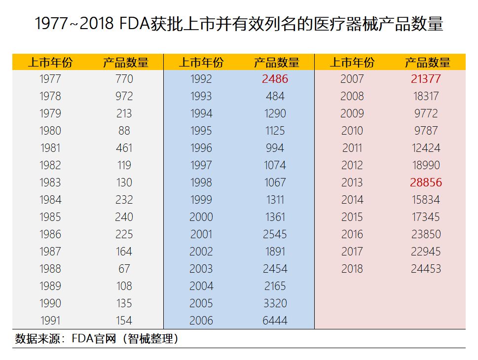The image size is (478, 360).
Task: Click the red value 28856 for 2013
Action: coord(426,182)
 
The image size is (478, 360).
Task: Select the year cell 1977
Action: coord(50,79)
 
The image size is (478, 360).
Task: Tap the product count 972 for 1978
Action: coord(124,96)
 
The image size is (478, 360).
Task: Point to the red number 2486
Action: coord(275,79)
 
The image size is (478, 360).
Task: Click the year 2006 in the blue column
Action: coord(201,321)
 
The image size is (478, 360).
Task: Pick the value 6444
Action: coord(275,321)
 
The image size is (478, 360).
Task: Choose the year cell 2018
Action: coord(352,269)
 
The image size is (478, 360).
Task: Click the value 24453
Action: coord(426,269)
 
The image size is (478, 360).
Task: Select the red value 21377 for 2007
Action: coord(426,79)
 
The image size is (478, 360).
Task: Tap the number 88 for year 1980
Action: coord(124,131)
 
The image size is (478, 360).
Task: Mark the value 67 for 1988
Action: coord(124,269)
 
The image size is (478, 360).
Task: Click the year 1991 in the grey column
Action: coord(50,321)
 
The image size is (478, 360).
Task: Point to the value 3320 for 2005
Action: coord(275,303)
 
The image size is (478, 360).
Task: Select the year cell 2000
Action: coord(201,217)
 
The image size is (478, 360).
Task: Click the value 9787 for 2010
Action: coord(426,131)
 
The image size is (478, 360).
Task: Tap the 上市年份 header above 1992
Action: coord(201,63)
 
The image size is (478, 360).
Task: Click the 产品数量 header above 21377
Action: coord(428,63)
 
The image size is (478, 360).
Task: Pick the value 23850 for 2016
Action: coord(426,234)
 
